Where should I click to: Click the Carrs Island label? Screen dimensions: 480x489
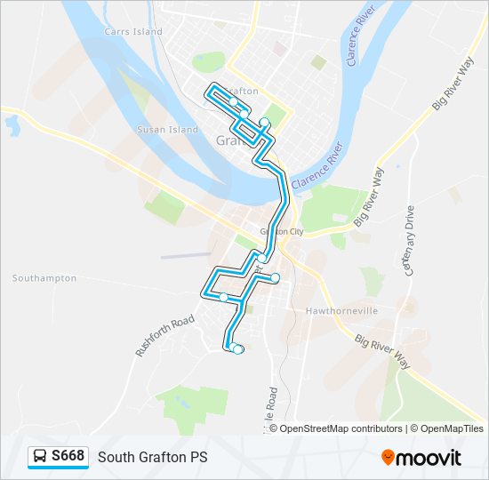(134, 31)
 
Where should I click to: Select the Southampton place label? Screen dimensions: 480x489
(44, 278)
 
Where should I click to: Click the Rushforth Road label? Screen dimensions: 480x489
(164, 335)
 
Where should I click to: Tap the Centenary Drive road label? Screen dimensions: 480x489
(410, 241)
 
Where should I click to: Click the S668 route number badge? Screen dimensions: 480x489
(68, 456)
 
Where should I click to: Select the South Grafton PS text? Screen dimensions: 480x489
(152, 457)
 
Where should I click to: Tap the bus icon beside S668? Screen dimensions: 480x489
(40, 457)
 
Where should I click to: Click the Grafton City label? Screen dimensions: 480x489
(282, 231)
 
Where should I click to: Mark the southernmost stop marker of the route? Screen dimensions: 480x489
(237, 349)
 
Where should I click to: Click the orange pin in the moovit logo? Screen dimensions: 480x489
(388, 458)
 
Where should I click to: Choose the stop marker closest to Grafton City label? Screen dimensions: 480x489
(261, 259)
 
